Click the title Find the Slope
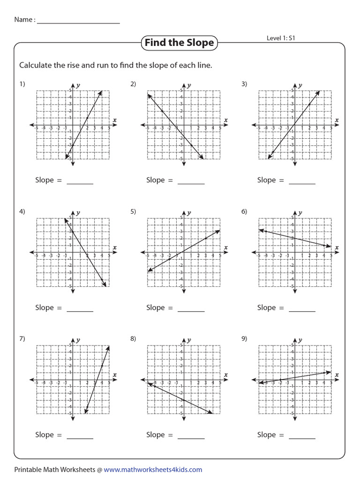pos(179,43)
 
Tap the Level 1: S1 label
pos(281,38)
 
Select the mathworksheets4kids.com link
pos(153,469)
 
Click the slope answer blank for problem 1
pos(80,183)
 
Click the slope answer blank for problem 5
pos(191,310)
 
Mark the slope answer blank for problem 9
pos(302,437)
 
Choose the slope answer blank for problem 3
pos(302,183)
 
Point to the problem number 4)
pos(22,211)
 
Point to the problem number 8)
pos(133,338)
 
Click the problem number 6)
pos(244,211)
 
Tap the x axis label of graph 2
pos(225,120)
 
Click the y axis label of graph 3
pos(300,85)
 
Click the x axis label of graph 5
pos(225,247)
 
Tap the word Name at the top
pos(22,20)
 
